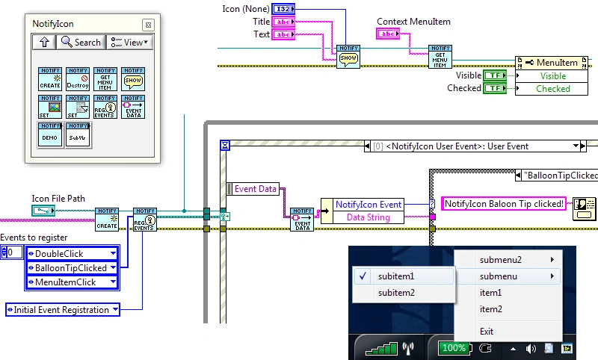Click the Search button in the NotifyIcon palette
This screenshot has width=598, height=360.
point(81,43)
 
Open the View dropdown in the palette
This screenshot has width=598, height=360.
point(129,43)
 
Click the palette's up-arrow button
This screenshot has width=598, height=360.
point(44,43)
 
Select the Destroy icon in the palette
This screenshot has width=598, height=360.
point(78,78)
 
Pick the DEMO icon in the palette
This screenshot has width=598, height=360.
point(50,134)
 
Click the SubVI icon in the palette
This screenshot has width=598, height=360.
point(78,134)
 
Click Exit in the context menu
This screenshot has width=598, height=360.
point(487,331)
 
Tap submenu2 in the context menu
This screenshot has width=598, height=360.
point(501,260)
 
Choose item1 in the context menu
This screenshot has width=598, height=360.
point(490,293)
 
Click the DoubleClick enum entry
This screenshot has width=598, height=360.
point(71,253)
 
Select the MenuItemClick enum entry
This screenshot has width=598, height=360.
point(71,282)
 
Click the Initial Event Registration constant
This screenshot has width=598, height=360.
point(62,309)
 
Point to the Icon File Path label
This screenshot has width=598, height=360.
point(58,199)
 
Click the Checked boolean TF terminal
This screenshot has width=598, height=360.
point(495,88)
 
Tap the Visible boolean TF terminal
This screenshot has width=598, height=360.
point(495,75)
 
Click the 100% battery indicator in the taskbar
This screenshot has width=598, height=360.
point(454,348)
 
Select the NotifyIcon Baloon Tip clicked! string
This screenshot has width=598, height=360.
point(504,203)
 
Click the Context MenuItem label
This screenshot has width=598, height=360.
point(413,22)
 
